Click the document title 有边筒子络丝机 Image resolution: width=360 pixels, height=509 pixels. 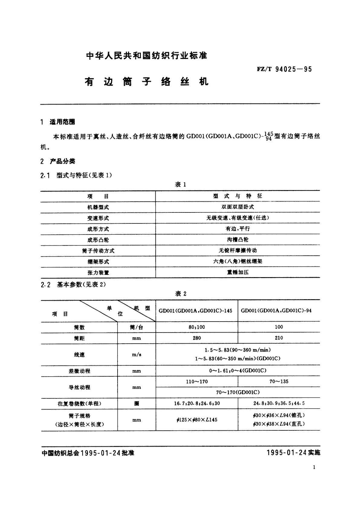(x=147, y=82)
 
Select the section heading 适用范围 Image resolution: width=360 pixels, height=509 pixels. (x=62, y=122)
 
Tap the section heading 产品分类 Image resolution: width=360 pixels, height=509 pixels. (x=62, y=161)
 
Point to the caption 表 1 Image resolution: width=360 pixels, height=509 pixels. (x=180, y=185)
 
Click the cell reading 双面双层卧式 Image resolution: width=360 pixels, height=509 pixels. (x=238, y=207)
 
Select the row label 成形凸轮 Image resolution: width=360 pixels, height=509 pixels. (x=98, y=240)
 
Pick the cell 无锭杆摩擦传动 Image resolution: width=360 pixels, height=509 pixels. (x=238, y=251)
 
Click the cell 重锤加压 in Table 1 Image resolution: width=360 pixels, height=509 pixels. (x=238, y=272)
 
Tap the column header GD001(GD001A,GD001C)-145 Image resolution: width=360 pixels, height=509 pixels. (x=195, y=310)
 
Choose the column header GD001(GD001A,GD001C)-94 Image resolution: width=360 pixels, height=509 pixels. (x=276, y=310)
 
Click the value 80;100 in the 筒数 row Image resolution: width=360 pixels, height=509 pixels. (x=197, y=327)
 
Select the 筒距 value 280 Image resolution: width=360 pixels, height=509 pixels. (x=197, y=338)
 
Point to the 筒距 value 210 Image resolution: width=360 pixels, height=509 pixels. (x=279, y=338)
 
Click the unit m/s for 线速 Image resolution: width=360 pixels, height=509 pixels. (x=137, y=355)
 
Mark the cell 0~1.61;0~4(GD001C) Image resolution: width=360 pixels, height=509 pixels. (x=238, y=371)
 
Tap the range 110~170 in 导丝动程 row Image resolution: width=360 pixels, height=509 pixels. (x=197, y=381)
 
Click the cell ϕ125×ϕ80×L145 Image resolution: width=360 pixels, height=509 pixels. (x=197, y=420)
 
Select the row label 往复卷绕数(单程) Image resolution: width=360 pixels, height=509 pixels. (x=79, y=404)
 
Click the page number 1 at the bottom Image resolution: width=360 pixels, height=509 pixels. (x=314, y=467)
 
